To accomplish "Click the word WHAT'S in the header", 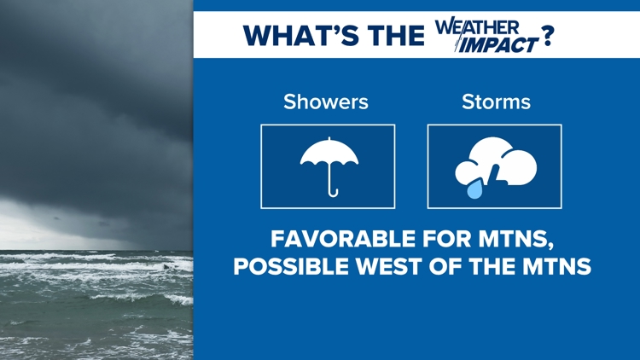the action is pos(301,36).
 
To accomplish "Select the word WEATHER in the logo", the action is pos(477,26).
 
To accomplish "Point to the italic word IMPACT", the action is pos(498,44).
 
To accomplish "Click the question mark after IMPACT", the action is pos(547,36).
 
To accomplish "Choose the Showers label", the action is pos(326,102).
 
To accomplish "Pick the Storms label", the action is pos(496,102).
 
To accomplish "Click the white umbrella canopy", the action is pos(329,152).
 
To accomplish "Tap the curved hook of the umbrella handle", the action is pos(333,193).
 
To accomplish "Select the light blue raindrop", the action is pos(475,189).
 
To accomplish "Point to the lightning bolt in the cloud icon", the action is pos(495,174).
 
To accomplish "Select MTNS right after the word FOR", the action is pos(515,240).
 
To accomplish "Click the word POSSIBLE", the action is pos(291,266).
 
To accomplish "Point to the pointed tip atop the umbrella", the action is pos(329,138).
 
